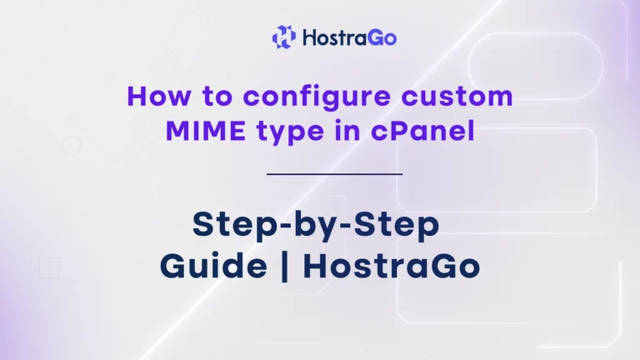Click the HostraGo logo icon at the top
click(x=284, y=36)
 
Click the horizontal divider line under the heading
click(x=335, y=174)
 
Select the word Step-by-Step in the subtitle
click(x=316, y=224)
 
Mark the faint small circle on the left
click(x=72, y=146)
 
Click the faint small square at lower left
click(x=50, y=267)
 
